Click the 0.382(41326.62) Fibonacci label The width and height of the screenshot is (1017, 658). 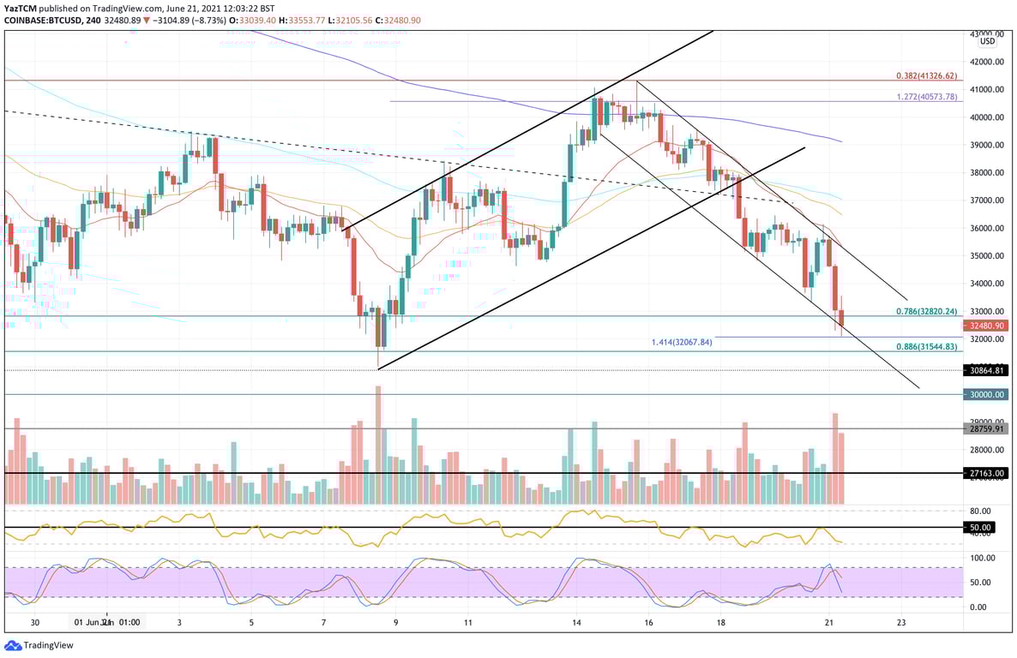coord(927,75)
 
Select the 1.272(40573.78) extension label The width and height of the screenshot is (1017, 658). coord(927,97)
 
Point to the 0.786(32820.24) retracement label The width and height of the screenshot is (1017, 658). coord(926,313)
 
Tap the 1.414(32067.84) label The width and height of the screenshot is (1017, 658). coord(683,342)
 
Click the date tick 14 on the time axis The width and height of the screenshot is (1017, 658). coord(577,622)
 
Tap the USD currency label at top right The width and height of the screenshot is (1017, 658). coord(987,41)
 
